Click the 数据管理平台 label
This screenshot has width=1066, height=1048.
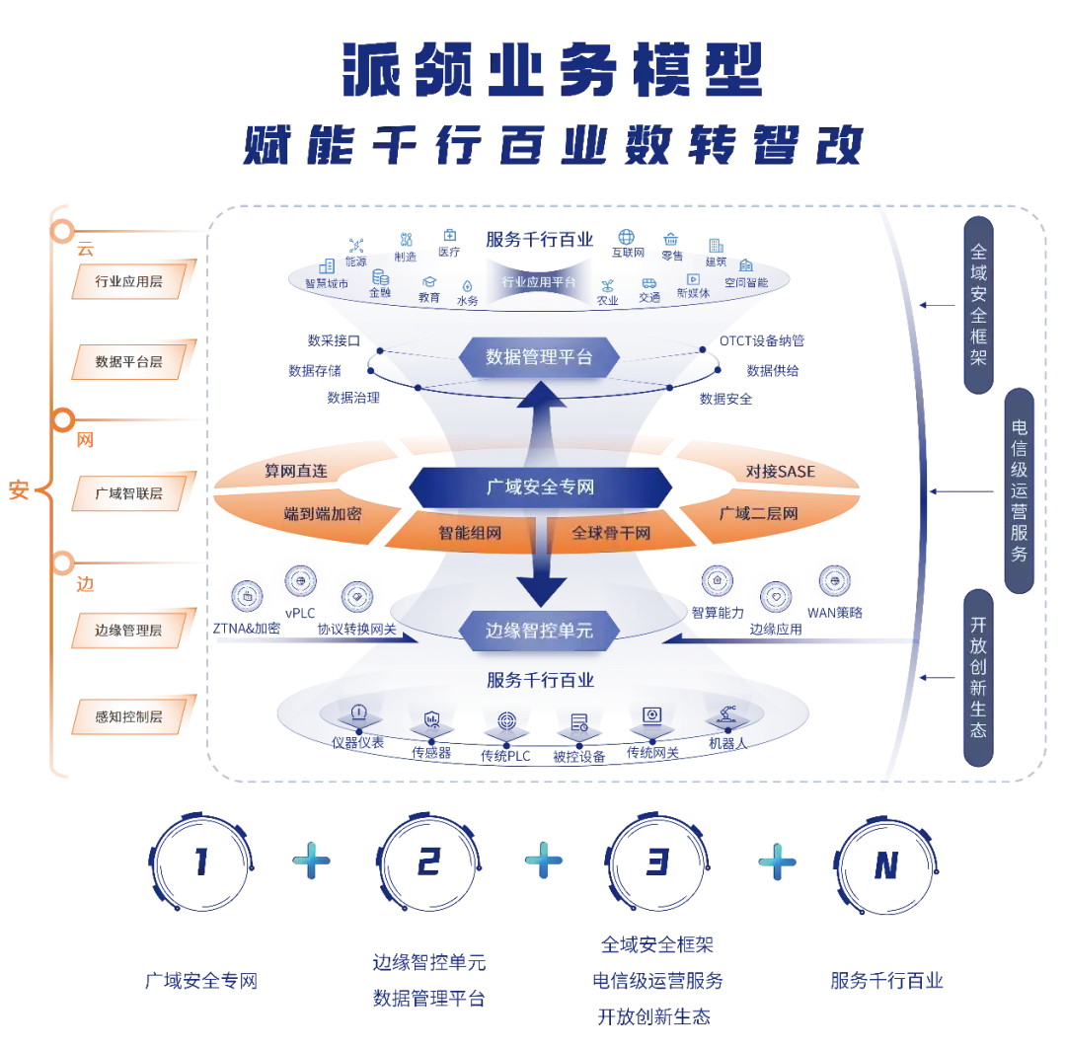tap(539, 357)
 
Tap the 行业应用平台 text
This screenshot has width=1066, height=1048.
tap(539, 282)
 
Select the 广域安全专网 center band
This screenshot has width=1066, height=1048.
tap(540, 487)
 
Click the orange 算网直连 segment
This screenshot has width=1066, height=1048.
tap(296, 472)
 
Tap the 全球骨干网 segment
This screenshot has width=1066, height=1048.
tap(611, 533)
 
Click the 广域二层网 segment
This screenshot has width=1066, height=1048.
tap(758, 513)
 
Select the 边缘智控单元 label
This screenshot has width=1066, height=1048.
tap(539, 629)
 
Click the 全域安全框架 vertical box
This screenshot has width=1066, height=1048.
tap(978, 305)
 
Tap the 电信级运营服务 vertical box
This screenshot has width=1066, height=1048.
tap(1020, 490)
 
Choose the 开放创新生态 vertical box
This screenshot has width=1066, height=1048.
tap(978, 677)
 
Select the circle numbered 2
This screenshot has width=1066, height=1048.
tap(428, 861)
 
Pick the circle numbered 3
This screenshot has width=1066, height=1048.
tap(656, 861)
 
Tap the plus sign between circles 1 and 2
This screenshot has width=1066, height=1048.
tap(313, 861)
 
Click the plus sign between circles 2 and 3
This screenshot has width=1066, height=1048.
tap(544, 861)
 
